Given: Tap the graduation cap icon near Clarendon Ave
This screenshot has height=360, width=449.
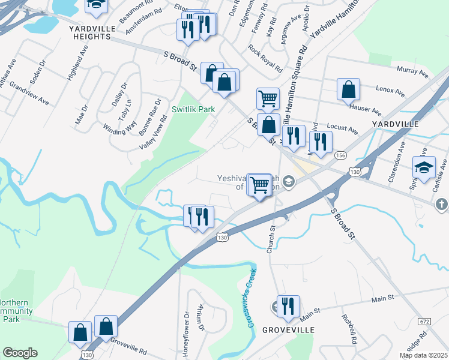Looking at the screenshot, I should [424, 166].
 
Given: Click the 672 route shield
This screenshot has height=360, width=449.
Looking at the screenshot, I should [425, 322].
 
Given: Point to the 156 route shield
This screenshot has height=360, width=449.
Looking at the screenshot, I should [340, 155].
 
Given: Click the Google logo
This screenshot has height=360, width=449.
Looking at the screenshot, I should [20, 353].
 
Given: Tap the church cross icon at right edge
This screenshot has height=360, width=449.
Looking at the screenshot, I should [441, 205].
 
